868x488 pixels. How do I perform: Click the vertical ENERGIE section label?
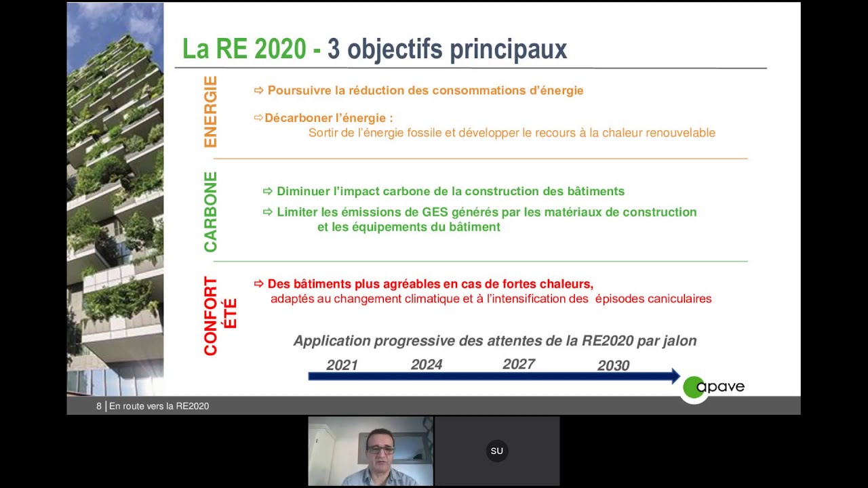coord(210,112)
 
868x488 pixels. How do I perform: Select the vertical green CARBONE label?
coord(210,211)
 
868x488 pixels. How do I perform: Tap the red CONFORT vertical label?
coord(211,316)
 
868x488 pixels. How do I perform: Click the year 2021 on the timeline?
coord(342,365)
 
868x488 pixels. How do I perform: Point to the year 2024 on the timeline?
coord(427,365)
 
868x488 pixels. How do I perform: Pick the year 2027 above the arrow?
coord(519,364)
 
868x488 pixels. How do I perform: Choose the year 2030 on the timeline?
coord(613,365)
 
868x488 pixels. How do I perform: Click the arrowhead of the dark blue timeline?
coord(675,376)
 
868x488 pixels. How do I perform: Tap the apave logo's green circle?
coord(693,388)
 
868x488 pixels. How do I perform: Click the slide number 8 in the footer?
coord(99,406)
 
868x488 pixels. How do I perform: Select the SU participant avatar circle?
coord(497,451)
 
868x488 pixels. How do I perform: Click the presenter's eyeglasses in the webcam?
coord(380,449)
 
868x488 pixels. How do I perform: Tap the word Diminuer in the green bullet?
coord(302,191)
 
